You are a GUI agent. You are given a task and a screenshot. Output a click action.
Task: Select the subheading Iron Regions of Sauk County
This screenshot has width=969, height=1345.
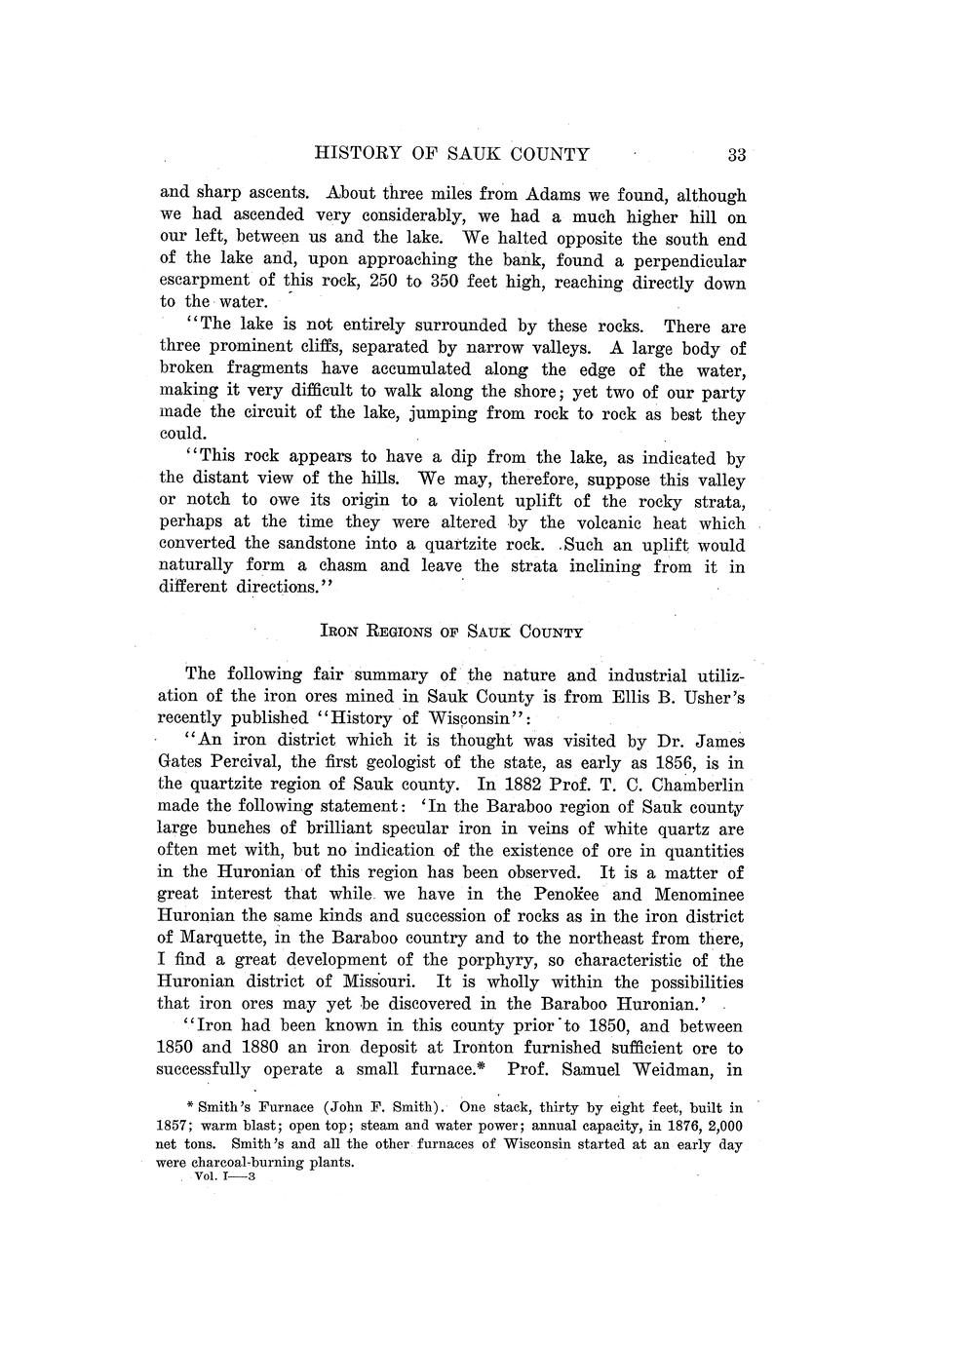point(451,632)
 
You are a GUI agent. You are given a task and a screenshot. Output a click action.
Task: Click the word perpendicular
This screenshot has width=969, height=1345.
point(691,261)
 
